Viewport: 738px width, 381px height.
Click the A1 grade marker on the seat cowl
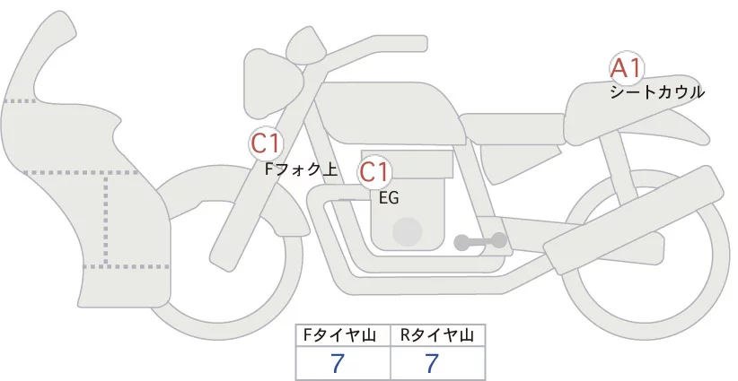[626, 69]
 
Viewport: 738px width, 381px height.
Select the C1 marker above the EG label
[375, 172]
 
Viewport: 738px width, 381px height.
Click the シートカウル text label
[656, 91]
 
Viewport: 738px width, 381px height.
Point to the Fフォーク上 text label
[301, 168]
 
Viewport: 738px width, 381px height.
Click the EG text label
[389, 198]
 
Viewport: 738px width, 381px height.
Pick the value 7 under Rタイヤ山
[432, 364]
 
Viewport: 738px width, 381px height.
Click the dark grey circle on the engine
[409, 231]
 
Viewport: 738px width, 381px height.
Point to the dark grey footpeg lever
[480, 240]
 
